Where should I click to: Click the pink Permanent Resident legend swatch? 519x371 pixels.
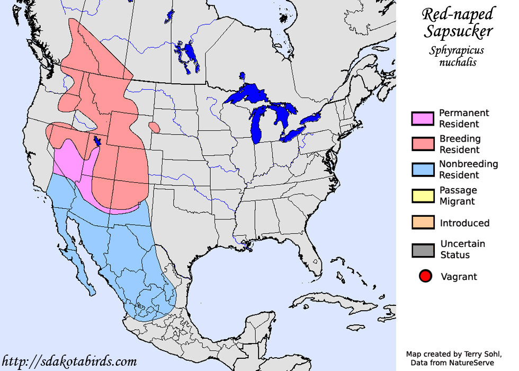[423, 119]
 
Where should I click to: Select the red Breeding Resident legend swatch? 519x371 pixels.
[423, 144]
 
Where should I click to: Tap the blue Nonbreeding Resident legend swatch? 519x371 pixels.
[423, 170]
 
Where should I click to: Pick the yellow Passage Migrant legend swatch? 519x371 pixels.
[423, 196]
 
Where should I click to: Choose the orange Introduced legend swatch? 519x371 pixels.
[423, 223]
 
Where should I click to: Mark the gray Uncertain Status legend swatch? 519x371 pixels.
[423, 250]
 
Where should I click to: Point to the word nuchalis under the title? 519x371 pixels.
[458, 63]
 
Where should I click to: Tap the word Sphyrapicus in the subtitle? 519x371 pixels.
[458, 51]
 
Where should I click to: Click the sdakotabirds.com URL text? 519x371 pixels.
[69, 362]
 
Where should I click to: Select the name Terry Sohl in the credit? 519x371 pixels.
[473, 354]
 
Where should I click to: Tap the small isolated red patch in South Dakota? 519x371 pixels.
[155, 127]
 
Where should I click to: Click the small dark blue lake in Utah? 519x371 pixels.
[97, 141]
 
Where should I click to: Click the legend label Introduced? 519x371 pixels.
[464, 223]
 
